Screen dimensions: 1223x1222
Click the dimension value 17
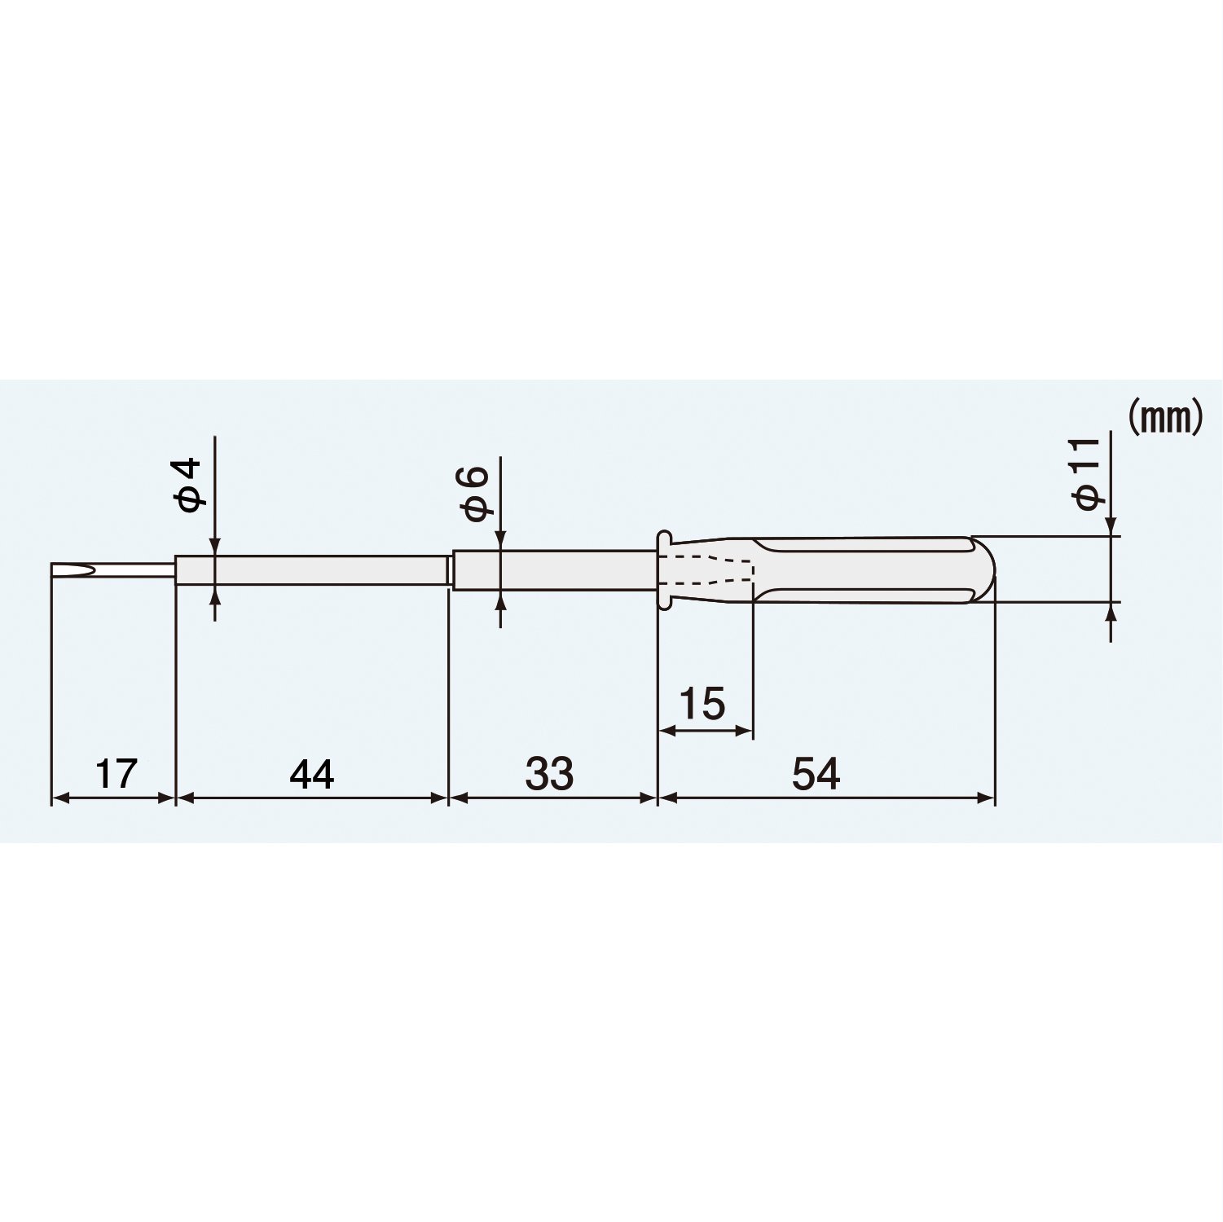(x=117, y=773)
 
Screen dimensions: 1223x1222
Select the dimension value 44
(x=312, y=773)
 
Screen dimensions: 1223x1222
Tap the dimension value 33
(x=549, y=773)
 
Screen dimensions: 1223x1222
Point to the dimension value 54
(x=816, y=773)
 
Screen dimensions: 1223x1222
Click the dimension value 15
(x=702, y=704)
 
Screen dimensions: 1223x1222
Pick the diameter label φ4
(x=188, y=486)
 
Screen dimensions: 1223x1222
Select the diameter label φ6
(x=475, y=494)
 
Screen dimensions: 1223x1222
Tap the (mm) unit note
(x=1165, y=418)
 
